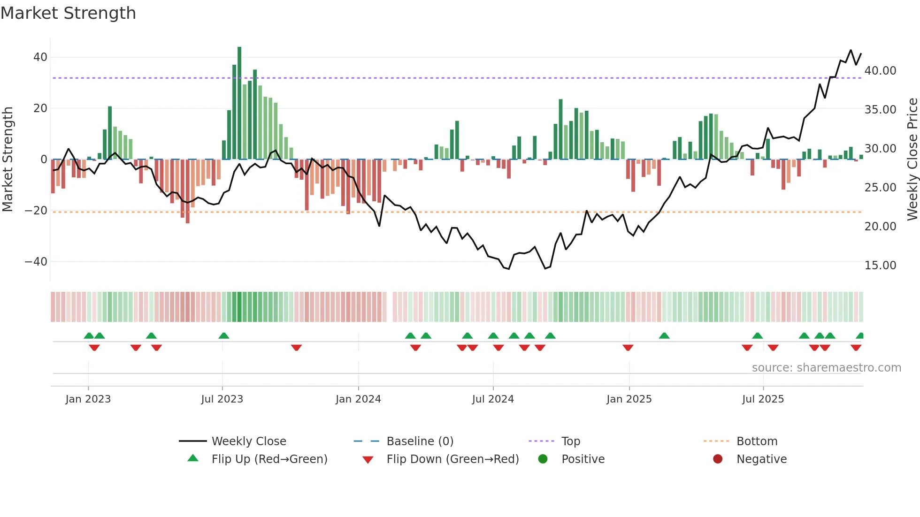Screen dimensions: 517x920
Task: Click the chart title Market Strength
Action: click(68, 13)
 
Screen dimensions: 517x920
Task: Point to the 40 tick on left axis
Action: click(40, 57)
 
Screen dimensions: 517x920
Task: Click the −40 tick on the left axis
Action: click(36, 261)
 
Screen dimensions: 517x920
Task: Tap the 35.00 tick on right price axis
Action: click(880, 110)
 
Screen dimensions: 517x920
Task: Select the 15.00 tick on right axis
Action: click(880, 266)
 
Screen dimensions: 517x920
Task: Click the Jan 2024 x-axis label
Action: click(358, 399)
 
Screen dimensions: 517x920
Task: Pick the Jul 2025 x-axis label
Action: click(763, 399)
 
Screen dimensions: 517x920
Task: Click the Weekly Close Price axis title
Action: click(912, 160)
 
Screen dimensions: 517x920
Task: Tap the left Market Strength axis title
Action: click(8, 160)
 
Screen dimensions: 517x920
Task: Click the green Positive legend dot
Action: click(543, 459)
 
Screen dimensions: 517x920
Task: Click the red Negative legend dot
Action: click(718, 459)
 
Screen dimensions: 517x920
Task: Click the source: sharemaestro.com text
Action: click(826, 368)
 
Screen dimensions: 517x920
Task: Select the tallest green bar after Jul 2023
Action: click(239, 103)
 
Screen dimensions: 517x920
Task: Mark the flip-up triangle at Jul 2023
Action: click(224, 335)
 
